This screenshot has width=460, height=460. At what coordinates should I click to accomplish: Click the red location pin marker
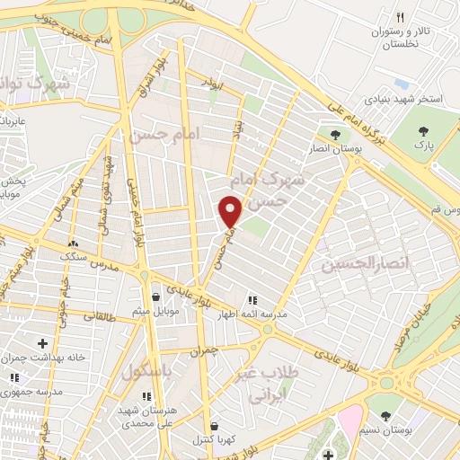pyautogui.click(x=231, y=210)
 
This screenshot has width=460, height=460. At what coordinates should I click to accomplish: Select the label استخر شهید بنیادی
pyautogui.click(x=402, y=98)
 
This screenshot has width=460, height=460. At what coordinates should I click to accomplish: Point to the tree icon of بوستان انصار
pyautogui.click(x=335, y=135)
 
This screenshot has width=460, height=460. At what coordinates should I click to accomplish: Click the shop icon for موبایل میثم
pyautogui.click(x=157, y=296)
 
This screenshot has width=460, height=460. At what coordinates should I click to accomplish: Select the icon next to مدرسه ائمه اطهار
pyautogui.click(x=252, y=300)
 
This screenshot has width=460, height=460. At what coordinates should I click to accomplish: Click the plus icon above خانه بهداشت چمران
pyautogui.click(x=42, y=342)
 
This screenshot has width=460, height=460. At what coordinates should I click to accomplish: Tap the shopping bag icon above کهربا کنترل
pyautogui.click(x=214, y=426)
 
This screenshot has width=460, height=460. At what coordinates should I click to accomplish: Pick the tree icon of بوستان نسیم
pyautogui.click(x=385, y=416)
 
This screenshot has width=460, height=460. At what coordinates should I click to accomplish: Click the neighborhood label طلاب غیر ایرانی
pyautogui.click(x=269, y=383)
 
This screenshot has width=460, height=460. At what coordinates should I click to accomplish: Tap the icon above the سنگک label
pyautogui.click(x=73, y=243)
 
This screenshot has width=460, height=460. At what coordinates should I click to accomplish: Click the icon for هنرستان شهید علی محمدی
pyautogui.click(x=147, y=395)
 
